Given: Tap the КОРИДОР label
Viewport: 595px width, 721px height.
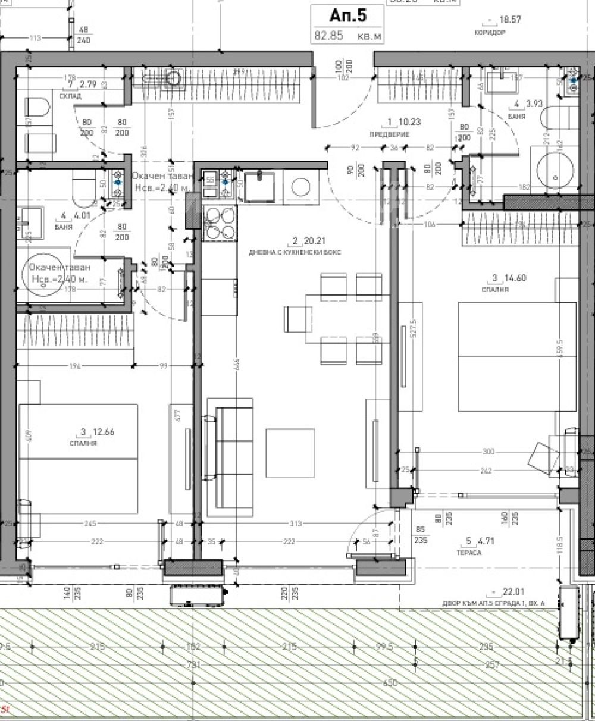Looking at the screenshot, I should [490, 33].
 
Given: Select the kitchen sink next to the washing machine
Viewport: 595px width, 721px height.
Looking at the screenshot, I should [259, 184].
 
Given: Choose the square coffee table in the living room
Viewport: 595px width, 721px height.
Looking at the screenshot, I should [290, 453].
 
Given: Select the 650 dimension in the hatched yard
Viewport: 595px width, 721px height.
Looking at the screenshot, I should [390, 683].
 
